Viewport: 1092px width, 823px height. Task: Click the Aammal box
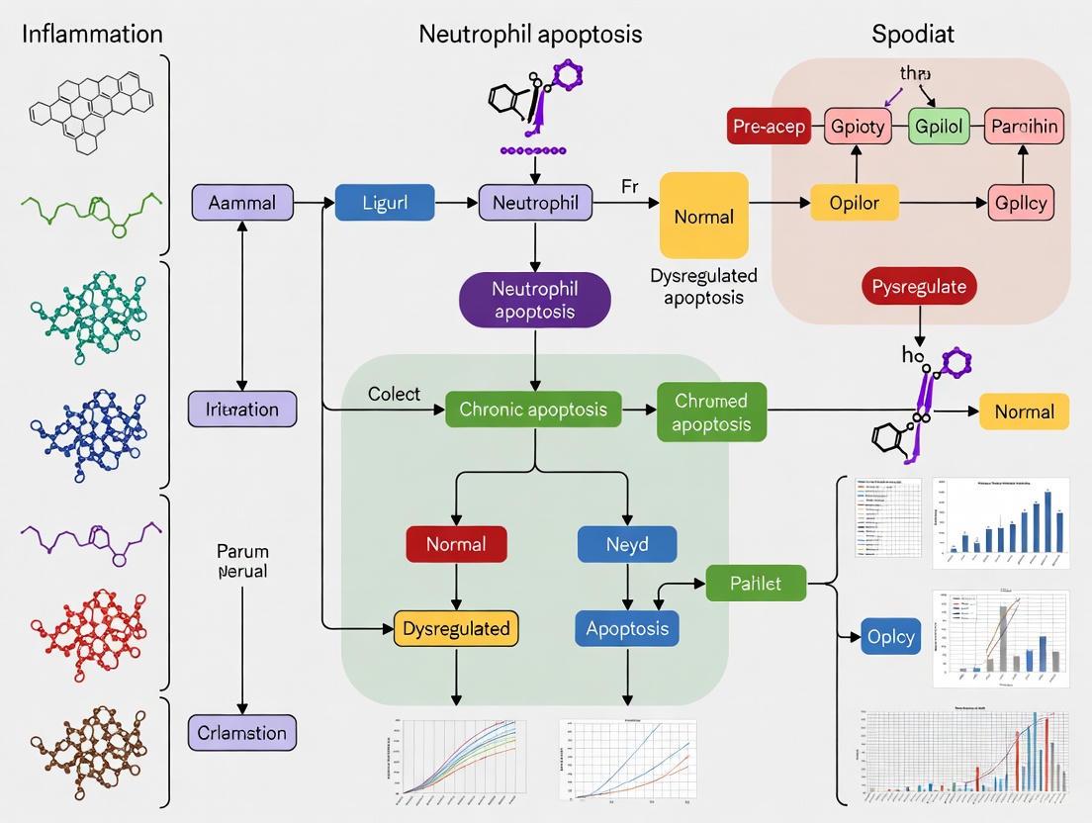click(242, 202)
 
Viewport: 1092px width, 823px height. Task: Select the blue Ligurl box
click(385, 202)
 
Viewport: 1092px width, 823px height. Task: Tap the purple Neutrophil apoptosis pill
click(534, 300)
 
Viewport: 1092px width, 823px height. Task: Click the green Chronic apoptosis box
click(533, 409)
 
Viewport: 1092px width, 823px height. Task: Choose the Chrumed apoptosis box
click(711, 411)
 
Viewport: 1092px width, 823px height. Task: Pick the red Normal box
click(456, 544)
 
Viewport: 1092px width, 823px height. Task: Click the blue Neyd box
click(627, 544)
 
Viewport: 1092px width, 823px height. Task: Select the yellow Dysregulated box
click(456, 628)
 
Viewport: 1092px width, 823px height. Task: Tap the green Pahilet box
click(756, 583)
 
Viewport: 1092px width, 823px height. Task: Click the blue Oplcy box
click(890, 636)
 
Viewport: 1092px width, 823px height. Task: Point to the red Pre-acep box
click(769, 126)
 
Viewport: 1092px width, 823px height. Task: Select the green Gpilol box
click(939, 126)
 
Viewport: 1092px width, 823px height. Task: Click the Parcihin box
click(1024, 126)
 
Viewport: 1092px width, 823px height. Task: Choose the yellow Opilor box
click(854, 202)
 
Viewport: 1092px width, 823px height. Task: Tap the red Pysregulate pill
click(919, 286)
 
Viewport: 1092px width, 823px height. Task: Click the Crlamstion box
click(242, 733)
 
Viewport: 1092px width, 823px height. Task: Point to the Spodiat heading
click(913, 34)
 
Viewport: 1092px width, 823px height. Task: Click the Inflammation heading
click(92, 34)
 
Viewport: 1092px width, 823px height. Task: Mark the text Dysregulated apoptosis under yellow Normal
click(703, 286)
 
